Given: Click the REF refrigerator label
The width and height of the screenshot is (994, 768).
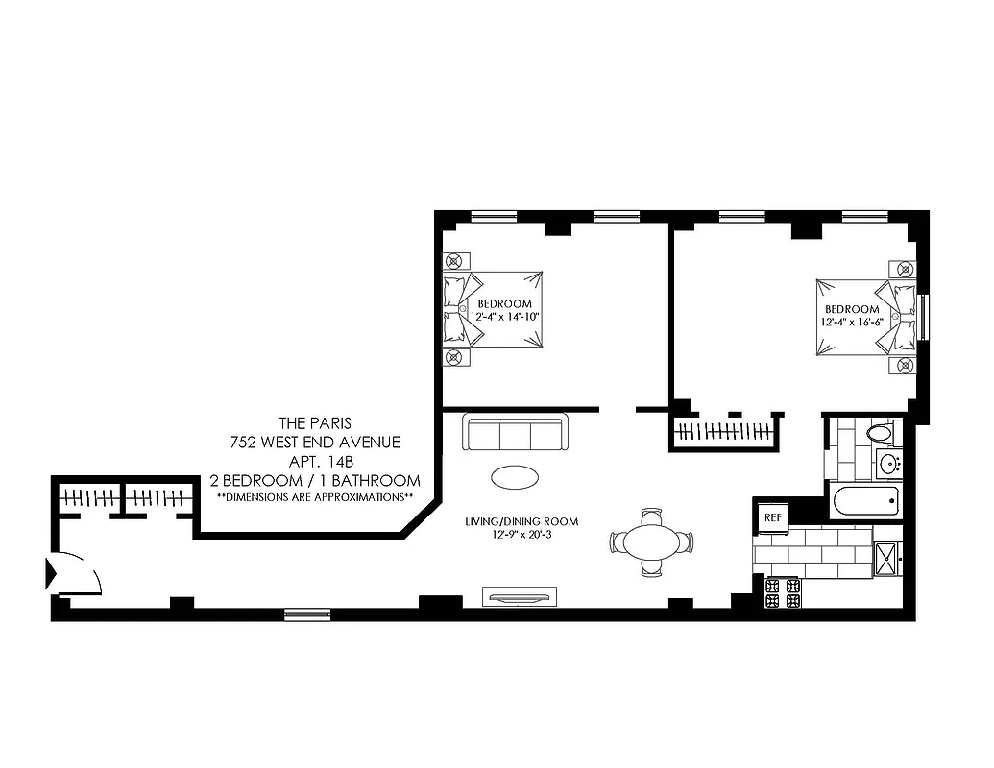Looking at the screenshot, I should (770, 517).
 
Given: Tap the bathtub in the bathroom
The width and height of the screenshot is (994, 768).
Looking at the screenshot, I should (866, 501).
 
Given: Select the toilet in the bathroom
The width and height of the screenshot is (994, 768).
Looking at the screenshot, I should (879, 434).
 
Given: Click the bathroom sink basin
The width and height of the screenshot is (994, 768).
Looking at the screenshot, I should (888, 466).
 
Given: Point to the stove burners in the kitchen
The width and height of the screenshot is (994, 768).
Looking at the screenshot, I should (782, 592).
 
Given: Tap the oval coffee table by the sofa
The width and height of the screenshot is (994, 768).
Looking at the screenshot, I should (515, 476).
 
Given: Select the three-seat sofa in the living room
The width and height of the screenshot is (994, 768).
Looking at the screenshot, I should (516, 433).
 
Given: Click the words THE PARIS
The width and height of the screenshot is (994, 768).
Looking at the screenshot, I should (314, 422).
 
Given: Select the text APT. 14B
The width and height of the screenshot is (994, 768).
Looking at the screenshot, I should (314, 461).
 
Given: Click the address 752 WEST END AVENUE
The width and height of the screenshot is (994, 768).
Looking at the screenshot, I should (314, 442).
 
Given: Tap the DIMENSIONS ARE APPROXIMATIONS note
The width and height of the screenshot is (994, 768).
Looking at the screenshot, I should (314, 496).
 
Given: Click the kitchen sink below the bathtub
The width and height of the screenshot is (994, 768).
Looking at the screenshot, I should (885, 558).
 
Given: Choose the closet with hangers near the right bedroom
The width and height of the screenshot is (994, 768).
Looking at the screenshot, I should (724, 431).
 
